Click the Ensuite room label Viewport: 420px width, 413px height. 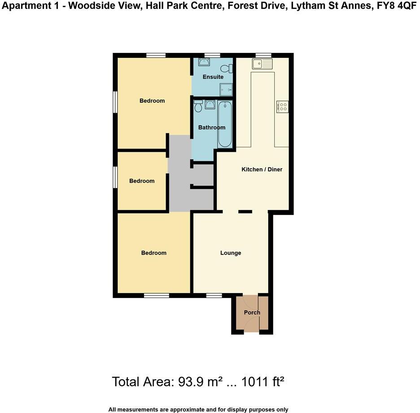213,77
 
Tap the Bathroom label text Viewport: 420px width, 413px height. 212,127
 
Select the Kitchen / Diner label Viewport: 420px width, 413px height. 262,169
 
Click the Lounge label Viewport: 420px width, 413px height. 231,253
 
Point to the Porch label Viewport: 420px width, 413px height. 252,312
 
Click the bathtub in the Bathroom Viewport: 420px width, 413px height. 225,124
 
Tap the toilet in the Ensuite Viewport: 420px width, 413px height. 230,68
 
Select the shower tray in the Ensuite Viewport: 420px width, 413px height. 227,89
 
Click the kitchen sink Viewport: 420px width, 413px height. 262,64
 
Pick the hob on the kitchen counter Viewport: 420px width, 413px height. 283,106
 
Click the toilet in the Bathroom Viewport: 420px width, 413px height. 198,106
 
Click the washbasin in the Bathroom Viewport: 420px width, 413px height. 210,105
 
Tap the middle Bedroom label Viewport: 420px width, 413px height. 142,181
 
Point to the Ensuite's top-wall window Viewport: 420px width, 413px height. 212,55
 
